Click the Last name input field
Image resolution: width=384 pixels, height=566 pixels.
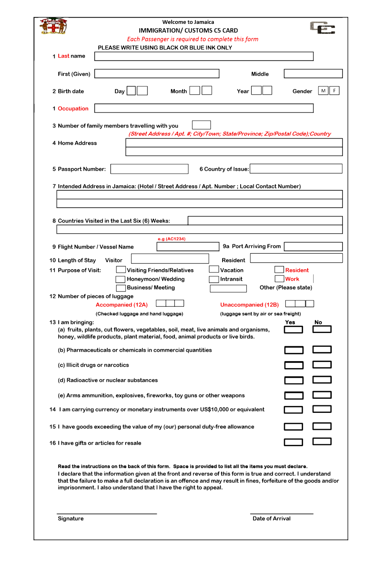pos(204,56)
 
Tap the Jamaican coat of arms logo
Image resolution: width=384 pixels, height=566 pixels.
pos(53,26)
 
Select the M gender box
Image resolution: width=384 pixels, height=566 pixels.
pos(323,91)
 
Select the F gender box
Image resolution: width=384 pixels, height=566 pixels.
pos(334,91)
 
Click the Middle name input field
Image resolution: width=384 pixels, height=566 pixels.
pos(313,74)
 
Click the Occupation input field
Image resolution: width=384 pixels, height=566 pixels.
pos(204,108)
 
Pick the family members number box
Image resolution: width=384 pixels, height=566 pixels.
pos(201,125)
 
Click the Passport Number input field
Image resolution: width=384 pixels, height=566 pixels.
pos(149,169)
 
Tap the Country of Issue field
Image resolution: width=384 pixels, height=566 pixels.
pos(296,169)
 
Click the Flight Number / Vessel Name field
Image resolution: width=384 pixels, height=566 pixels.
pos(188,247)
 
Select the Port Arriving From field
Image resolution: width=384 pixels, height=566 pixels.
pos(313,247)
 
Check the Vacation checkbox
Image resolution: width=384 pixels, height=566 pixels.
pos(214,270)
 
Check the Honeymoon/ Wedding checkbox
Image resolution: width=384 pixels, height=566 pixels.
pos(121,279)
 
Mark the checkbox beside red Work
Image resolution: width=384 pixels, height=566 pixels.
pos(280,279)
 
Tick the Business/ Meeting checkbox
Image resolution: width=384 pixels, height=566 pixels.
pos(121,288)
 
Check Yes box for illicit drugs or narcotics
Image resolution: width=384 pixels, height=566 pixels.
pos(294,365)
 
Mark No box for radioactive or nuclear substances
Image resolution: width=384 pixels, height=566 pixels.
pos(322,380)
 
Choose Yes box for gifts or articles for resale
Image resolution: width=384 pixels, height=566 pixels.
pos(294,442)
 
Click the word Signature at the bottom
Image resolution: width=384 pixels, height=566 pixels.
pos(71,519)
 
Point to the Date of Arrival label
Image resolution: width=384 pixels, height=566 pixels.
pos(271,519)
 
